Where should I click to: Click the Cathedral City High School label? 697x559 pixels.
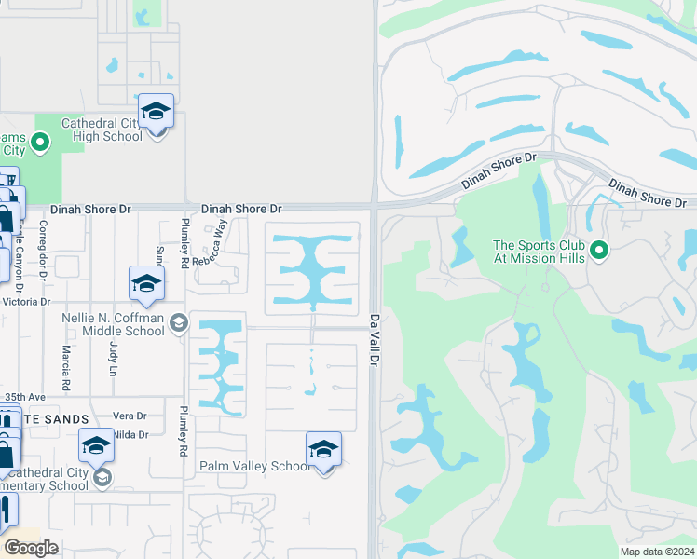click(102, 130)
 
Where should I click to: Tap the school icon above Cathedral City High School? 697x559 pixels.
click(157, 112)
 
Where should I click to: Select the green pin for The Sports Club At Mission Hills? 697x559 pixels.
click(601, 250)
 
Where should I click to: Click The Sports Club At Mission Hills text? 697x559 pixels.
click(540, 252)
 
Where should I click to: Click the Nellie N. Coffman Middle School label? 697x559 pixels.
click(113, 324)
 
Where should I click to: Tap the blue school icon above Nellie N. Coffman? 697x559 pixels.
click(146, 284)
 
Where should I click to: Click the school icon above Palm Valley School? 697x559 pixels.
click(323, 450)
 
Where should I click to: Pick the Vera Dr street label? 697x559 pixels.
click(129, 416)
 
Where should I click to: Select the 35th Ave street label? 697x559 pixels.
click(24, 397)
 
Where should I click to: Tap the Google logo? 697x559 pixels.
click(32, 548)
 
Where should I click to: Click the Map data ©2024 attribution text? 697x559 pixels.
click(656, 552)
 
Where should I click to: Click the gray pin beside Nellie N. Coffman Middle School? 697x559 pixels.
click(179, 324)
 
